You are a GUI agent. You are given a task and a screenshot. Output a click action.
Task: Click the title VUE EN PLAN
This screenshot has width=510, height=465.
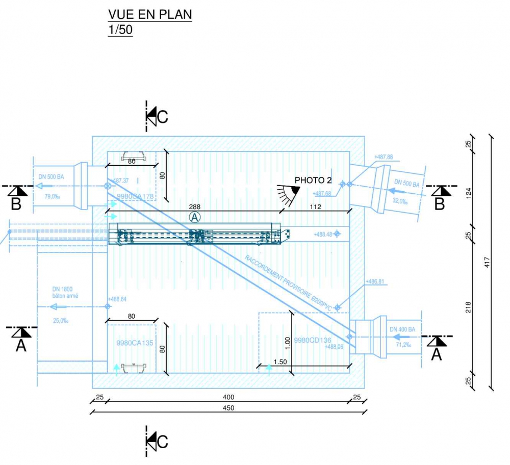[150, 14]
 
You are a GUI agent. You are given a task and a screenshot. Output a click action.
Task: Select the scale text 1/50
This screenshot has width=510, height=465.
[120, 30]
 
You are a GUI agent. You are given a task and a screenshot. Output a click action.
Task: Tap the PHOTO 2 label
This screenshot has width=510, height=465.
[313, 180]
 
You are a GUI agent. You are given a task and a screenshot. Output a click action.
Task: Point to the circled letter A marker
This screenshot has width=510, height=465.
[195, 217]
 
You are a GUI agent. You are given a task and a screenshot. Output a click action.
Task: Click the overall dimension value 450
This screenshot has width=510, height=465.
[228, 407]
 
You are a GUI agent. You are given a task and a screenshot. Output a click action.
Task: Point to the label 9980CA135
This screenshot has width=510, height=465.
[135, 343]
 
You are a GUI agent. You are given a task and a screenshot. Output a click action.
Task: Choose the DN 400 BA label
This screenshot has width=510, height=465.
[402, 330]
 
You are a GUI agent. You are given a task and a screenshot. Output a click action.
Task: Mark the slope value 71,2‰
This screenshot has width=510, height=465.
[403, 345]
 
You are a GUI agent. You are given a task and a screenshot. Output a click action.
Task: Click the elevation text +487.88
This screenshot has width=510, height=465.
[383, 157]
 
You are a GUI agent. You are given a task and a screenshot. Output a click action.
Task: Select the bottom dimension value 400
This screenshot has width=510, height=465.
[228, 397]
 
